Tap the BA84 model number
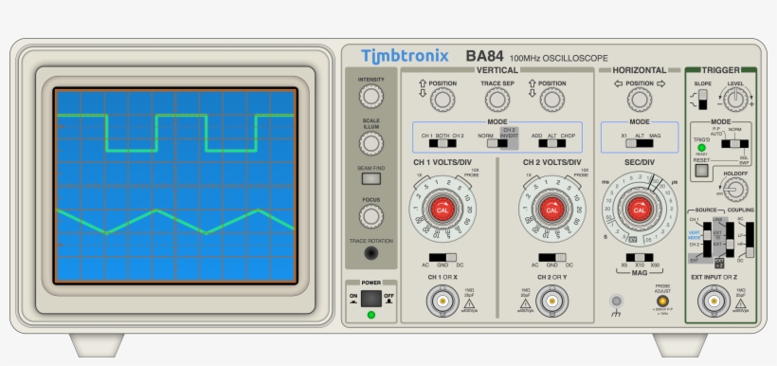[484, 57]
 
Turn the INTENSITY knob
[371, 97]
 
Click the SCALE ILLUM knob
[371, 144]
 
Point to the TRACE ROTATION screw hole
[371, 253]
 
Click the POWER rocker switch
[370, 298]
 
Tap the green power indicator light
[371, 315]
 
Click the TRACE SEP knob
[497, 99]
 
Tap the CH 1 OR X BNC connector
[442, 302]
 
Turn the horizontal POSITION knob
[640, 99]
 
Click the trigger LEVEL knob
[737, 99]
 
